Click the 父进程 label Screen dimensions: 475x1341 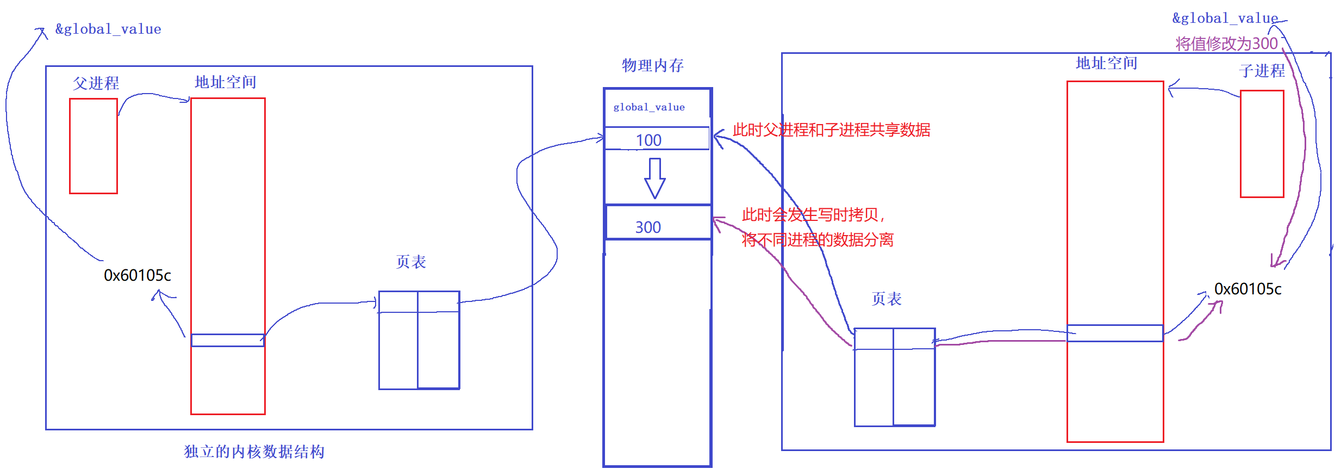[x=96, y=83]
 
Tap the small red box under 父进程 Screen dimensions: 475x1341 [x=93, y=146]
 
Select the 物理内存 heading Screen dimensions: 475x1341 [x=652, y=66]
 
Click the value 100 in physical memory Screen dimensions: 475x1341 [x=648, y=140]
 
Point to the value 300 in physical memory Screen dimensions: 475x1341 [x=648, y=227]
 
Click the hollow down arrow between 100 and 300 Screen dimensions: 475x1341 [x=654, y=178]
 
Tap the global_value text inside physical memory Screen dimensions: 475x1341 [x=649, y=107]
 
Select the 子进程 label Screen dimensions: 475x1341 [x=1262, y=71]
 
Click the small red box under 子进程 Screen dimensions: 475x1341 [x=1262, y=144]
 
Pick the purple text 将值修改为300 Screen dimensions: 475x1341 [x=1226, y=44]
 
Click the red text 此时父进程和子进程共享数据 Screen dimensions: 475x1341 [x=831, y=130]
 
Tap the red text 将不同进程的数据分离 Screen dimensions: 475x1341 [x=818, y=239]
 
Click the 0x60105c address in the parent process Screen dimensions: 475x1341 [x=138, y=275]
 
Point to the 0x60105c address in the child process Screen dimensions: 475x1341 [x=1248, y=289]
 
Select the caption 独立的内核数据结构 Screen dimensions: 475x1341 [x=254, y=452]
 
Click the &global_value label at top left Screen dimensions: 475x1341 [x=108, y=29]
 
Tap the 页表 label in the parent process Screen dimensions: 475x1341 [x=410, y=262]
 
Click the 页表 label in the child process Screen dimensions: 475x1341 [x=886, y=299]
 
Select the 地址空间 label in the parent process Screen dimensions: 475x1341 [x=225, y=82]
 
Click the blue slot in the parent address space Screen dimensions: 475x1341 [x=228, y=340]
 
